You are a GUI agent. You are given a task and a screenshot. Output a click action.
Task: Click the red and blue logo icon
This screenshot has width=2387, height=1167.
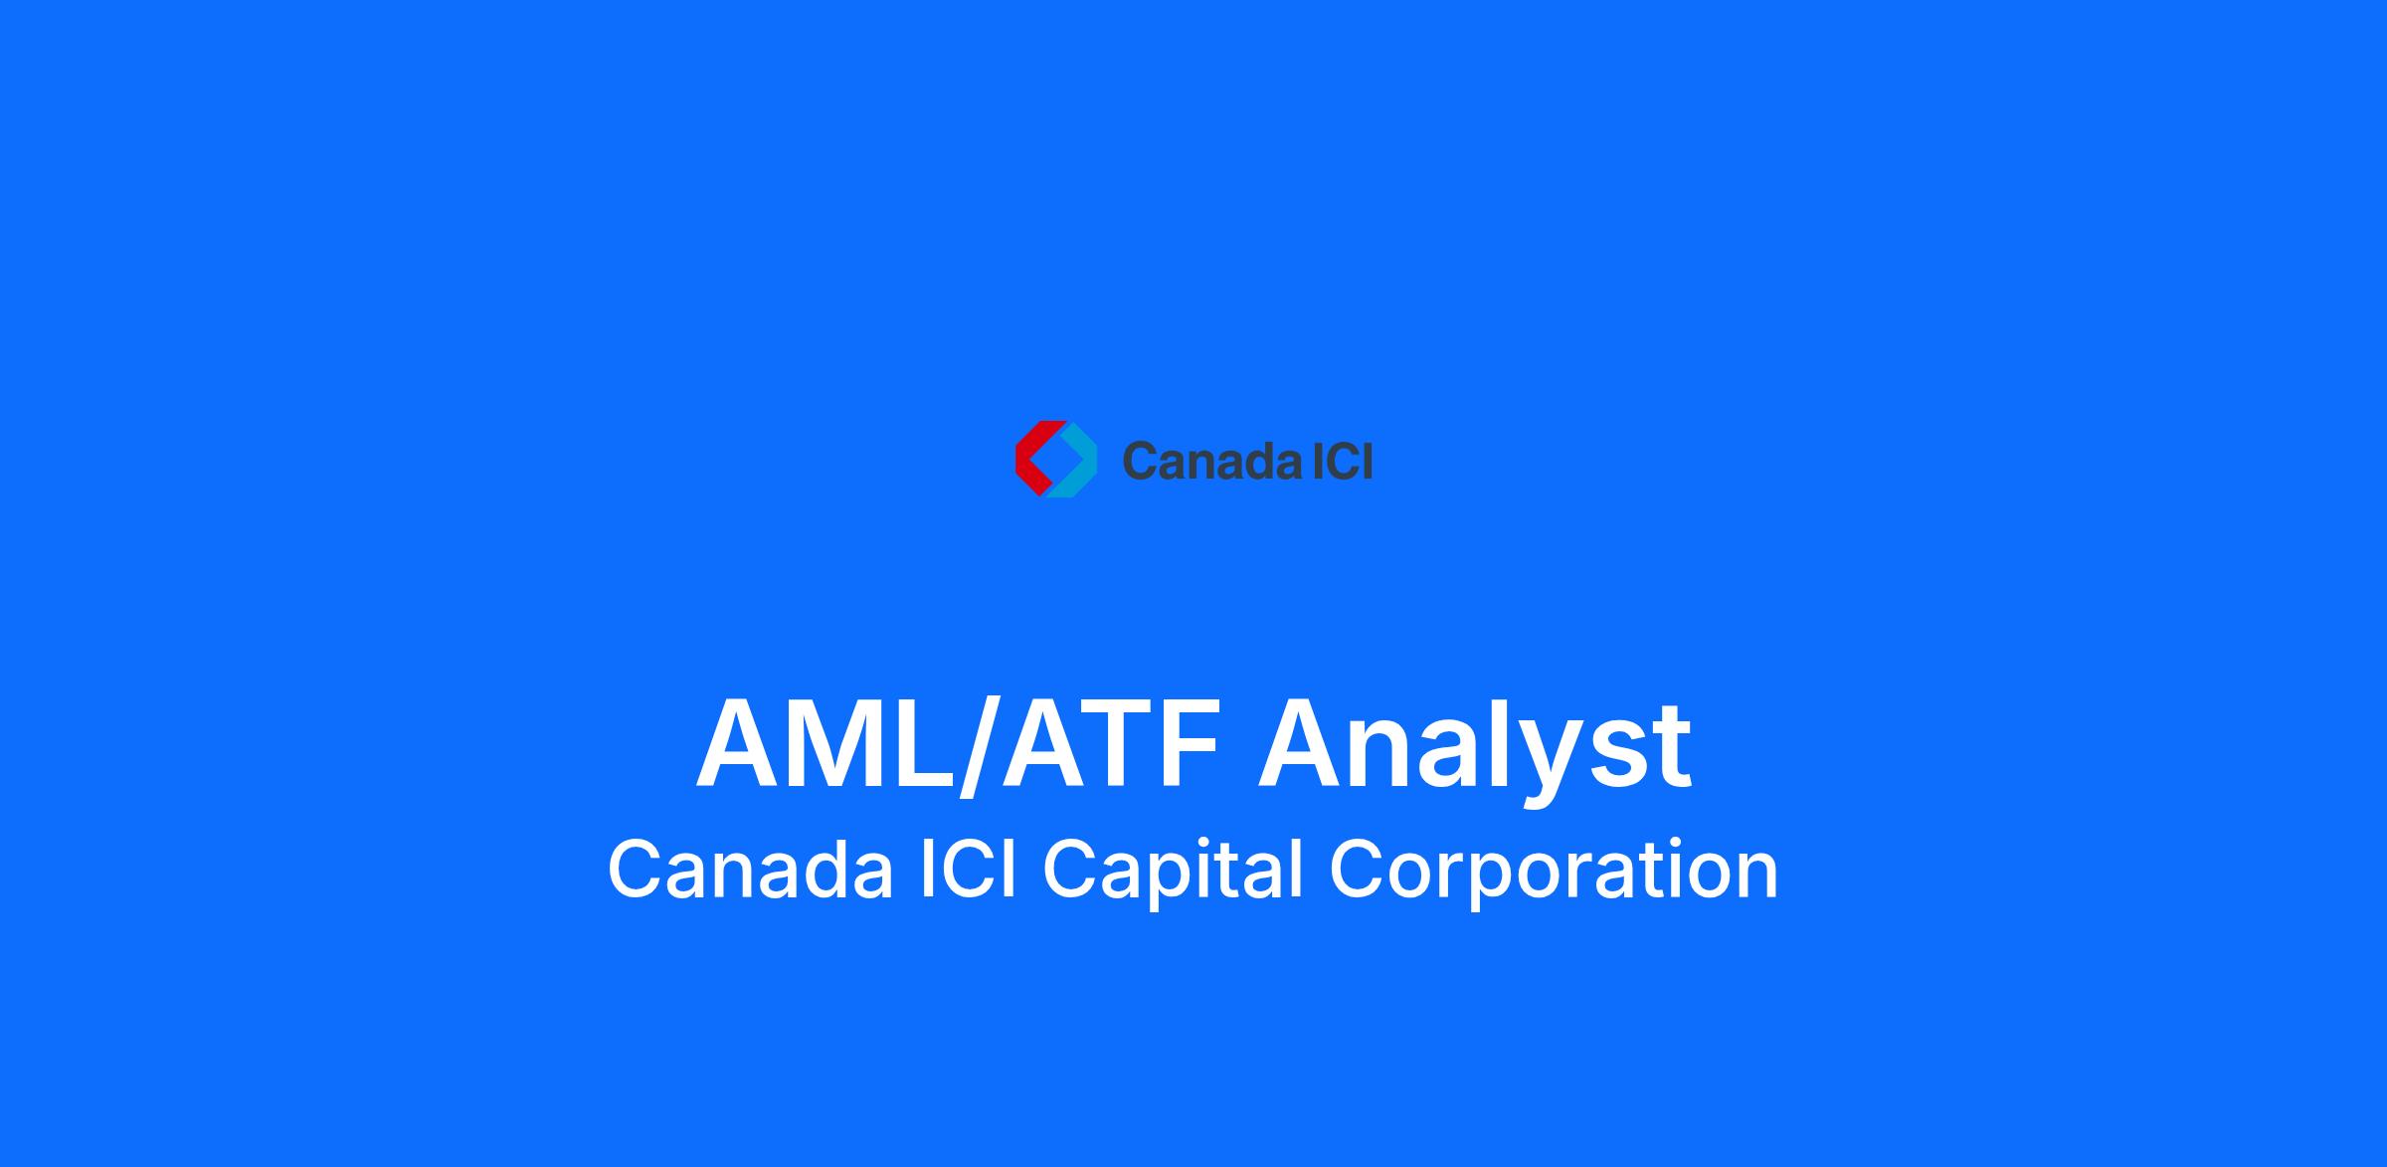click(1055, 459)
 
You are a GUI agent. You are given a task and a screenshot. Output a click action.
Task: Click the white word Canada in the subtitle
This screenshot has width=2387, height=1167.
click(750, 870)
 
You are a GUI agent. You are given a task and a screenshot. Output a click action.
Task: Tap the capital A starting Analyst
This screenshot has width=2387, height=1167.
click(1304, 744)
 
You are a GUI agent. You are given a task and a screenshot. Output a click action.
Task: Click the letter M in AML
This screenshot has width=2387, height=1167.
click(838, 744)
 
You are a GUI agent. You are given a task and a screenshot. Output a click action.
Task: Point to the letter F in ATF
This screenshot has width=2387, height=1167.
click(1189, 744)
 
